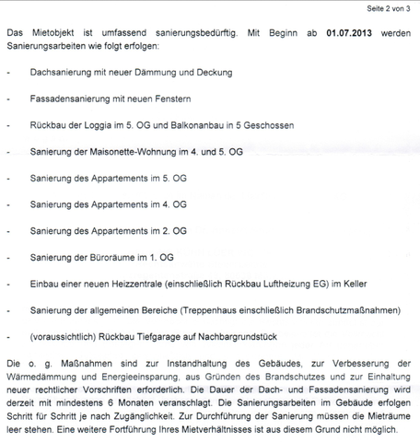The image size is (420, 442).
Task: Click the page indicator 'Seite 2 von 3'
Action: click(x=384, y=8)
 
